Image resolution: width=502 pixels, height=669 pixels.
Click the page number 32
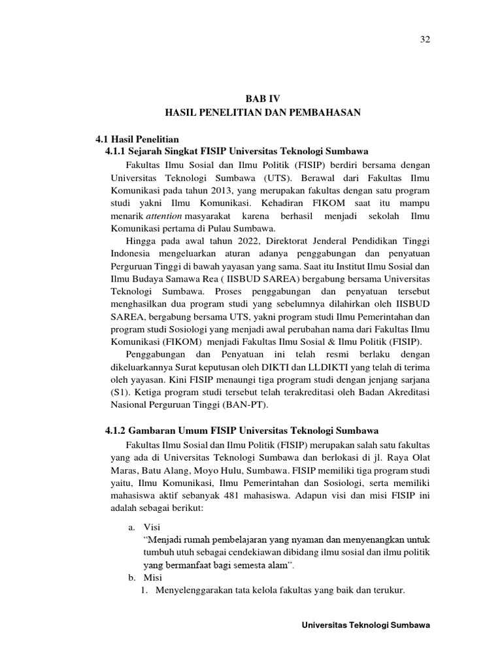(424, 40)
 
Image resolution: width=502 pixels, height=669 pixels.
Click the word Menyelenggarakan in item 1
(190, 590)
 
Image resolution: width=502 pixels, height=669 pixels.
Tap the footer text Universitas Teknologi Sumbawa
(365, 625)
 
